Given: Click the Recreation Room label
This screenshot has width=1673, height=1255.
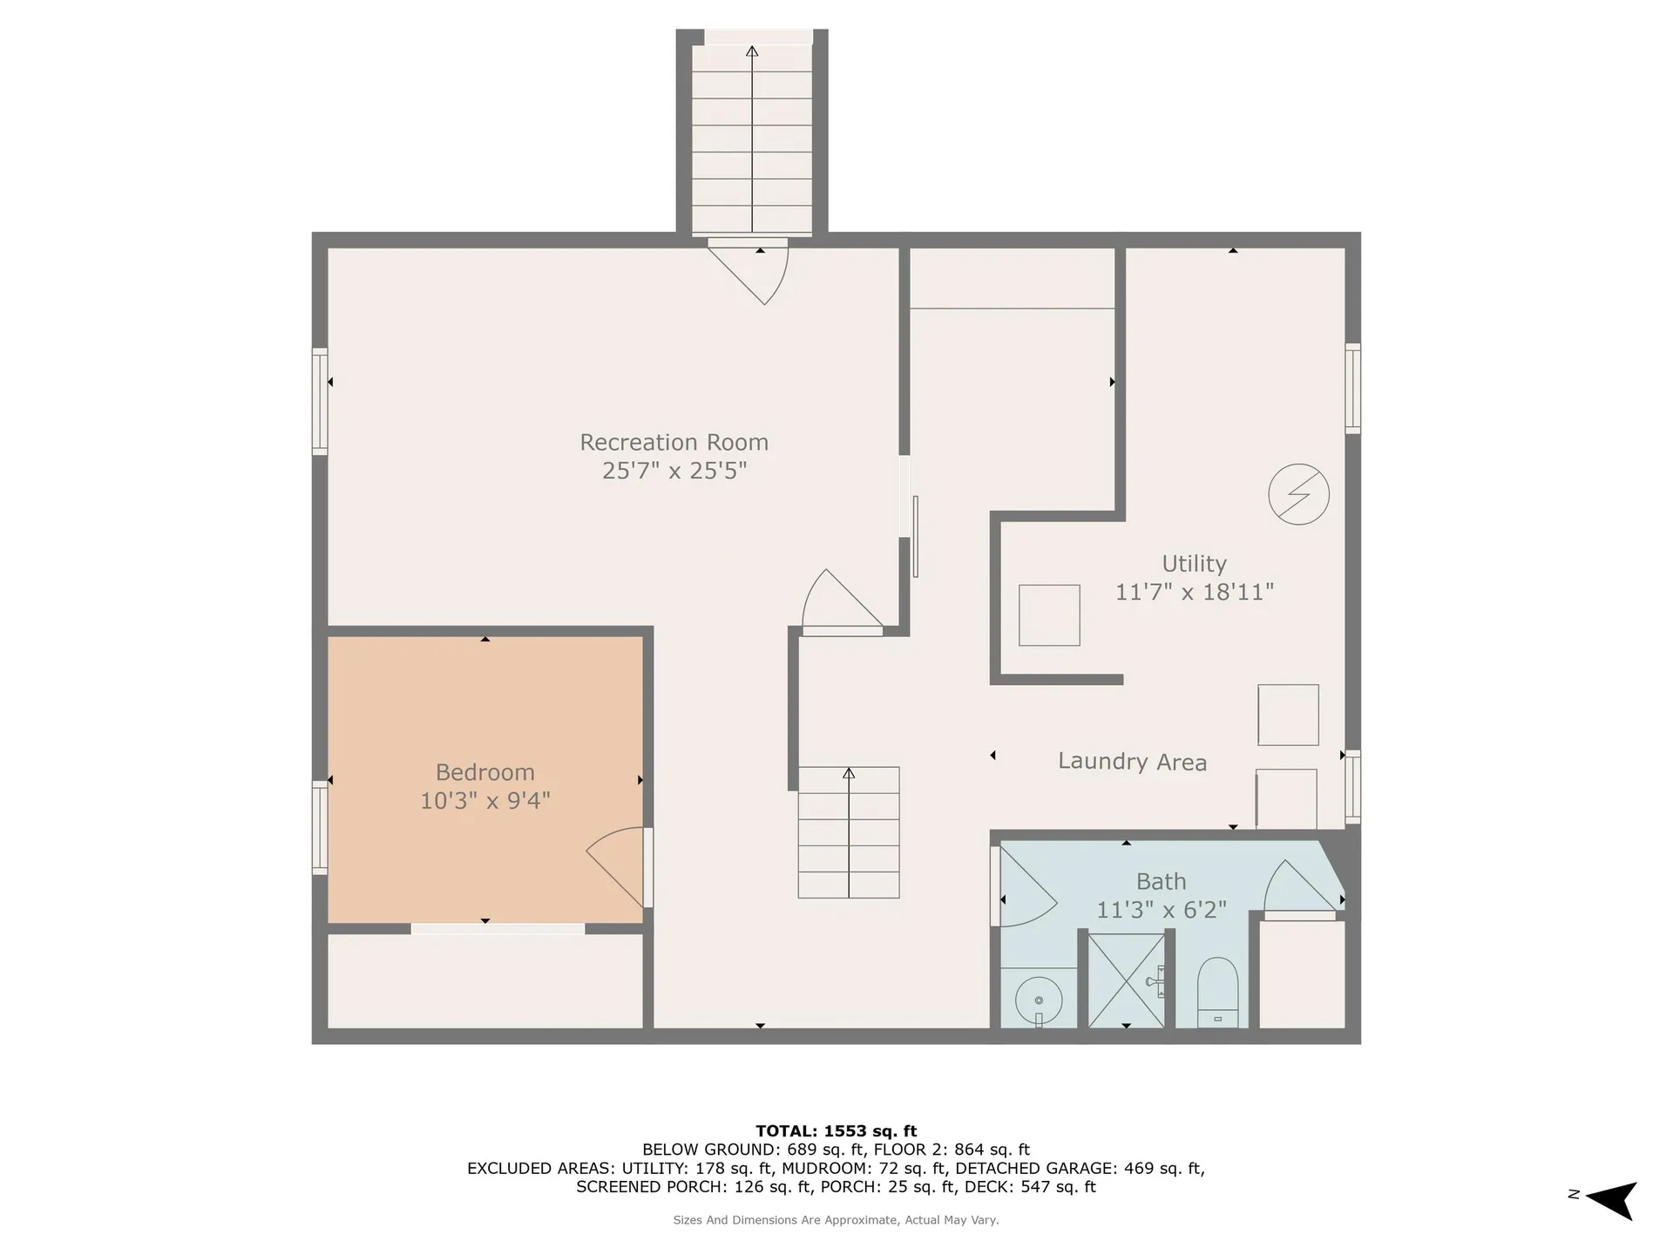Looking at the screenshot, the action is (x=674, y=442).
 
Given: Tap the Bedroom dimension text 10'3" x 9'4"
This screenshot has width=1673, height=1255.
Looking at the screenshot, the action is (x=485, y=800).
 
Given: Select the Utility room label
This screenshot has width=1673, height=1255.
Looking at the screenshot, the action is (x=1194, y=564).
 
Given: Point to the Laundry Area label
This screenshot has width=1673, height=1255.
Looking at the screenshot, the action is (x=1132, y=762).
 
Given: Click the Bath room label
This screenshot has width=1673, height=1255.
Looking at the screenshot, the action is (x=1161, y=881).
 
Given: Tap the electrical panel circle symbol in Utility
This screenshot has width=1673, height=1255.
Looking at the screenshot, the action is (x=1298, y=494).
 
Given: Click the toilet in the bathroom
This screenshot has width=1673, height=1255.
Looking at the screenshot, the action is (x=1217, y=993).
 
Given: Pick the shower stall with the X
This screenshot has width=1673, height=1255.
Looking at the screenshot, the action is (x=1127, y=980).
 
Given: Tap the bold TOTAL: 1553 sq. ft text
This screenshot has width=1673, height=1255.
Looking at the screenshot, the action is (x=836, y=1131).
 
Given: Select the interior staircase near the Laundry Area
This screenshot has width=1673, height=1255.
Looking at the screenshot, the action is (x=849, y=832).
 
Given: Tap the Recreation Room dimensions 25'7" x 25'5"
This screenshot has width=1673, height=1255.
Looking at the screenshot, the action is (x=674, y=471).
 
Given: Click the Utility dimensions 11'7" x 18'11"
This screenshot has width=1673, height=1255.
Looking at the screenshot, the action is (x=1195, y=592).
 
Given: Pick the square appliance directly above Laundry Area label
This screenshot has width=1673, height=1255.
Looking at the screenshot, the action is (x=1288, y=715).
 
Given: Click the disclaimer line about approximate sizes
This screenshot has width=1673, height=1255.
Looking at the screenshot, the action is (x=836, y=1220).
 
